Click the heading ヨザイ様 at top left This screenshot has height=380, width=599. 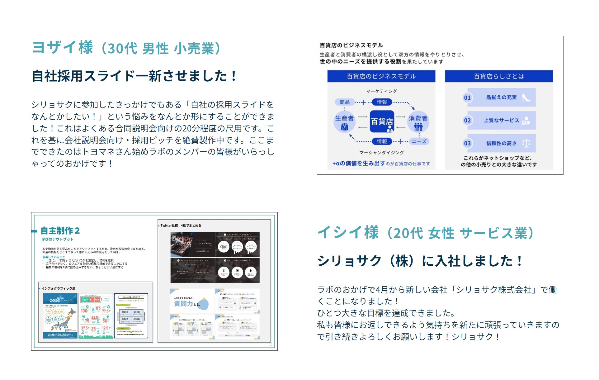pyautogui.click(x=63, y=48)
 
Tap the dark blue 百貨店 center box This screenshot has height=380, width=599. pyautogui.click(x=382, y=121)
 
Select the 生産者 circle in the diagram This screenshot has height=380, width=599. pyautogui.click(x=344, y=122)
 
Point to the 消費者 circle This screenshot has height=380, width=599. pyautogui.click(x=418, y=122)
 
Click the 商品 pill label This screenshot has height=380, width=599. pyautogui.click(x=344, y=102)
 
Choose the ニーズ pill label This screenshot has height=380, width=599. pyautogui.click(x=419, y=141)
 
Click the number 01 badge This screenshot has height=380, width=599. pyautogui.click(x=467, y=98)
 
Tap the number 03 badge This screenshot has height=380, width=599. pyautogui.click(x=467, y=143)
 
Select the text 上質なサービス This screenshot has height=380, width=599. pyautogui.click(x=501, y=121)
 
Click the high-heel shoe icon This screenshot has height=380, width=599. pyautogui.click(x=526, y=97)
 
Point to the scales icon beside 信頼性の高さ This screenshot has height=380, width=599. pyautogui.click(x=526, y=143)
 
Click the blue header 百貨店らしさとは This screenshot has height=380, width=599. pyautogui.click(x=498, y=76)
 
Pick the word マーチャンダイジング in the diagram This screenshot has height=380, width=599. pyautogui.click(x=381, y=153)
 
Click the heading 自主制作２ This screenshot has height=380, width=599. pyautogui.click(x=60, y=231)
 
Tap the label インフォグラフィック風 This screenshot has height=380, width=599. pyautogui.click(x=59, y=288)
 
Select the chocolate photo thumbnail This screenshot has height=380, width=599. pyautogui.click(x=192, y=245)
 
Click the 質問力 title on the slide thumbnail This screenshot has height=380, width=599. pyautogui.click(x=183, y=304)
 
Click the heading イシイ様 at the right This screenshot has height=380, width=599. pyautogui.click(x=348, y=233)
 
